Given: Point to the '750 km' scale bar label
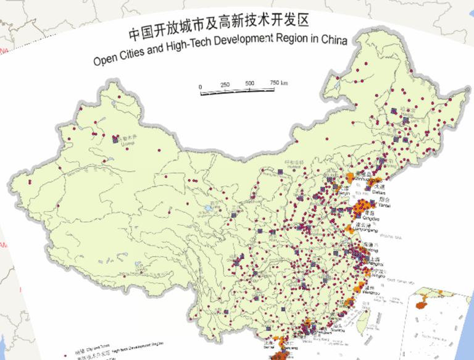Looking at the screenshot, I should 279,83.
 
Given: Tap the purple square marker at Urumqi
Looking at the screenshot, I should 115,140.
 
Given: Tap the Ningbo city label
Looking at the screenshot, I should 378,276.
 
